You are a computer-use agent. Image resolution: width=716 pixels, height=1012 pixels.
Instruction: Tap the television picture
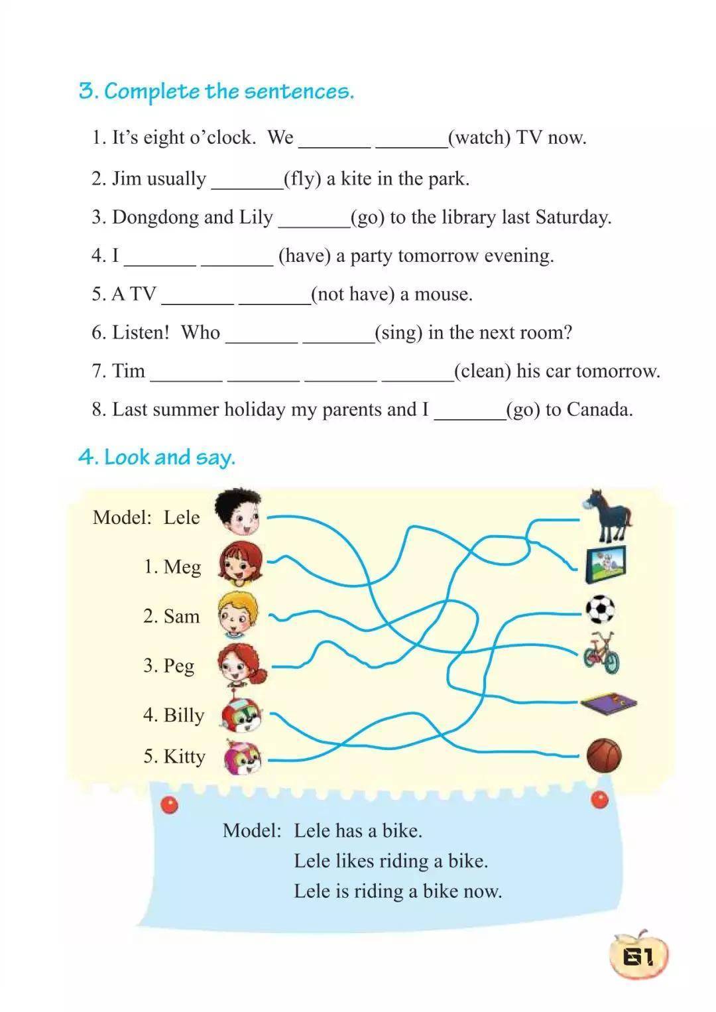point(606,564)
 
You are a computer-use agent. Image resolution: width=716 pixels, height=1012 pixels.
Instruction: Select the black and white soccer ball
point(600,609)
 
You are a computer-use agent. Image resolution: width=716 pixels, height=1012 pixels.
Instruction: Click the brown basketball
point(604,755)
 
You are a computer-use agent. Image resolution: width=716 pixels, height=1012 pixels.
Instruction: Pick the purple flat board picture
point(609,702)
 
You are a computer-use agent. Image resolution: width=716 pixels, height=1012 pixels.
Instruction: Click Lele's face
point(239,513)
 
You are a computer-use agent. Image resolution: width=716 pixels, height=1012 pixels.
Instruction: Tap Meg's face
point(240,564)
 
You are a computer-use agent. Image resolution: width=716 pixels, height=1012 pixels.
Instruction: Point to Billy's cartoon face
point(241,714)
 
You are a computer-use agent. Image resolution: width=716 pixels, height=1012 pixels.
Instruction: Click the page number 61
point(638,956)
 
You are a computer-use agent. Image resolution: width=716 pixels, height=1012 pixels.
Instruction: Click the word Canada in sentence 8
point(599,409)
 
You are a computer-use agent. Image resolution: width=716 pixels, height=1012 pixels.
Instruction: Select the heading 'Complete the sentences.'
point(229,91)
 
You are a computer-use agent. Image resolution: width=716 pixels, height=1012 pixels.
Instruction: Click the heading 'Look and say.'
point(169,457)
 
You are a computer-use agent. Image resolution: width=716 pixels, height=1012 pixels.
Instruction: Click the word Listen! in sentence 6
point(141,332)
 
